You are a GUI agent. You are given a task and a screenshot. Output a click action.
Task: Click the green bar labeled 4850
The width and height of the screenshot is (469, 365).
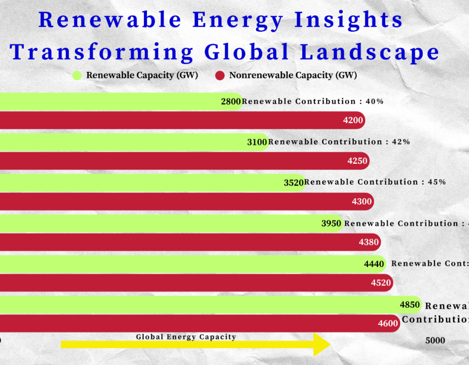point(208,305)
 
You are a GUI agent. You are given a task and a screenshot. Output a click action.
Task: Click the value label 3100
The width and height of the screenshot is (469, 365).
point(257,142)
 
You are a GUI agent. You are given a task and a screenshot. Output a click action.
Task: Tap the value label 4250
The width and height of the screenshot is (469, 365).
point(357,161)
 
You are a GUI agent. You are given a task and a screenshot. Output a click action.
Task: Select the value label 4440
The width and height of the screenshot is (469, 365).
point(374,264)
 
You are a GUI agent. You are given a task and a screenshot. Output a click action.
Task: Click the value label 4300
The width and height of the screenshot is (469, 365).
point(362,202)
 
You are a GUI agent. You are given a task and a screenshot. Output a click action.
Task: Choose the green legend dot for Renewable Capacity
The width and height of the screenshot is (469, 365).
point(78,76)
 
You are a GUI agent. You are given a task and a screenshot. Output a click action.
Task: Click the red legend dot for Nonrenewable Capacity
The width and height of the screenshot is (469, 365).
point(220,76)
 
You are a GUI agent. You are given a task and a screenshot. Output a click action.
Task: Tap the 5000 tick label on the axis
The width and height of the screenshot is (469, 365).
point(435,340)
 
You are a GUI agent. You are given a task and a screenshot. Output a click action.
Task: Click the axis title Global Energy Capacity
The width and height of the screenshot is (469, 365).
point(186,337)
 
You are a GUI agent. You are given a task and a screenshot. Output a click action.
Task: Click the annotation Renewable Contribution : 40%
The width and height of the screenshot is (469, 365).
point(313,101)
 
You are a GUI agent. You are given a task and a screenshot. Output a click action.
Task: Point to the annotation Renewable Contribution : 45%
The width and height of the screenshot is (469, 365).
point(375,182)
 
